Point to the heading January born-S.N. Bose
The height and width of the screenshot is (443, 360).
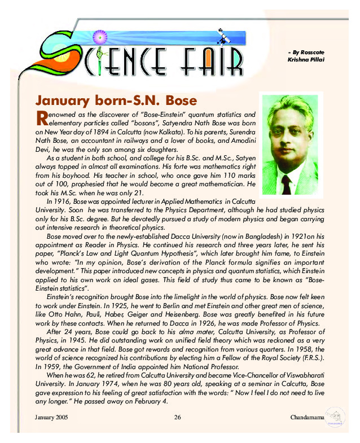point(116,101)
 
